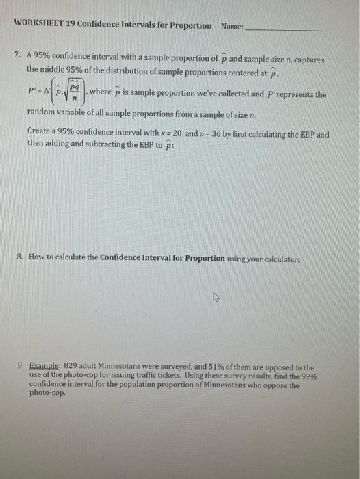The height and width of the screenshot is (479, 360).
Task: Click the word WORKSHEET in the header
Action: (39, 25)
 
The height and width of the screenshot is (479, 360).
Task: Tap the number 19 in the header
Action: (70, 25)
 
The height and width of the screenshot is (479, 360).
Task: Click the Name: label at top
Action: (233, 25)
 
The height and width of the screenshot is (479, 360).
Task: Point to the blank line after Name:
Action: (287, 28)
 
